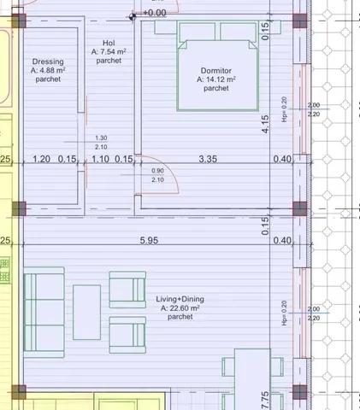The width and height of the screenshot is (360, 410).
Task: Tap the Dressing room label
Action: [x=48, y=61]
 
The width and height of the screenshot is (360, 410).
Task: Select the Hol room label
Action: [x=109, y=43]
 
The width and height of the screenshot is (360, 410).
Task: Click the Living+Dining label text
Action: [x=180, y=298]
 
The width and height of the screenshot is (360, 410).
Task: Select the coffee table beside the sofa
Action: [x=86, y=311]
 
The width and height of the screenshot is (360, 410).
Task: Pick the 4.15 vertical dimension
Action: [x=266, y=124]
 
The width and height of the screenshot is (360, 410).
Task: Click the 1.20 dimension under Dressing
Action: [x=41, y=159]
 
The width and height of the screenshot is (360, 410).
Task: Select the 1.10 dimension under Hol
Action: [x=101, y=159]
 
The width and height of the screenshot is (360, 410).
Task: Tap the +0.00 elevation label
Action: [x=154, y=13]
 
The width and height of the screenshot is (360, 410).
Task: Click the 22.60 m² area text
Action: [x=180, y=307]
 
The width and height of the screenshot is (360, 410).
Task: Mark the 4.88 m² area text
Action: [x=48, y=71]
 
